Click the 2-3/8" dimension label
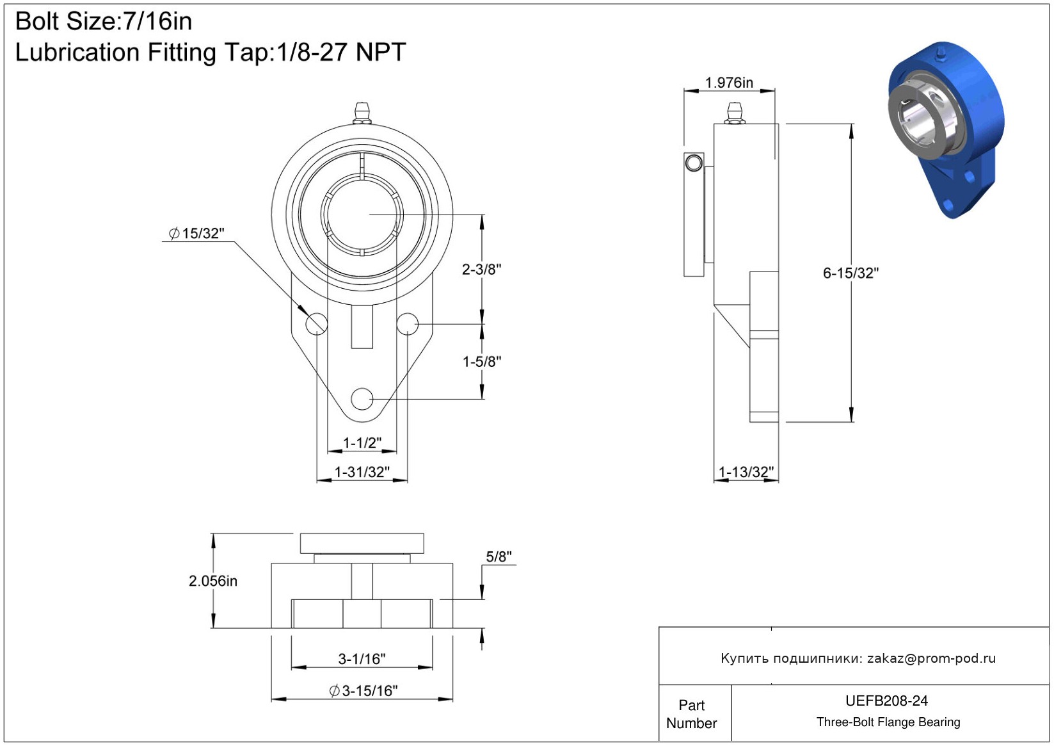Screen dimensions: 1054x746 481,270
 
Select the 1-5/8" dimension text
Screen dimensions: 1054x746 481,362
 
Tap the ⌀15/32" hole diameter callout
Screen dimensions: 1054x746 196,233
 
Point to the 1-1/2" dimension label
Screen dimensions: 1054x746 362,442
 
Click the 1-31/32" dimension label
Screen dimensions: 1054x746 362,472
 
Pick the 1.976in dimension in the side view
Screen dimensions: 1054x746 729,83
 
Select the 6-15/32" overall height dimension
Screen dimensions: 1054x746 850,273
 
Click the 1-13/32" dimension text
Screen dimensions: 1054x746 746,472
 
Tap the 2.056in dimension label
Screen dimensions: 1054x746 213,581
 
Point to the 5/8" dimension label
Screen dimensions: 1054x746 499,556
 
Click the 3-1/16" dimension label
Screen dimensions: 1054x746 362,659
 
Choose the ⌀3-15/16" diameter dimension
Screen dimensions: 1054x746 363,691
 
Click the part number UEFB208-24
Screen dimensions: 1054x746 886,701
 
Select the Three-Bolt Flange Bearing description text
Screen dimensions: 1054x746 888,722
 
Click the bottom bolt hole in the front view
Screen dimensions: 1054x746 362,400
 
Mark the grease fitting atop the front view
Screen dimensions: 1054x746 362,113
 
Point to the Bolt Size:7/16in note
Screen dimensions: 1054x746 104,22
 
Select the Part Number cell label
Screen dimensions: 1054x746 691,714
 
